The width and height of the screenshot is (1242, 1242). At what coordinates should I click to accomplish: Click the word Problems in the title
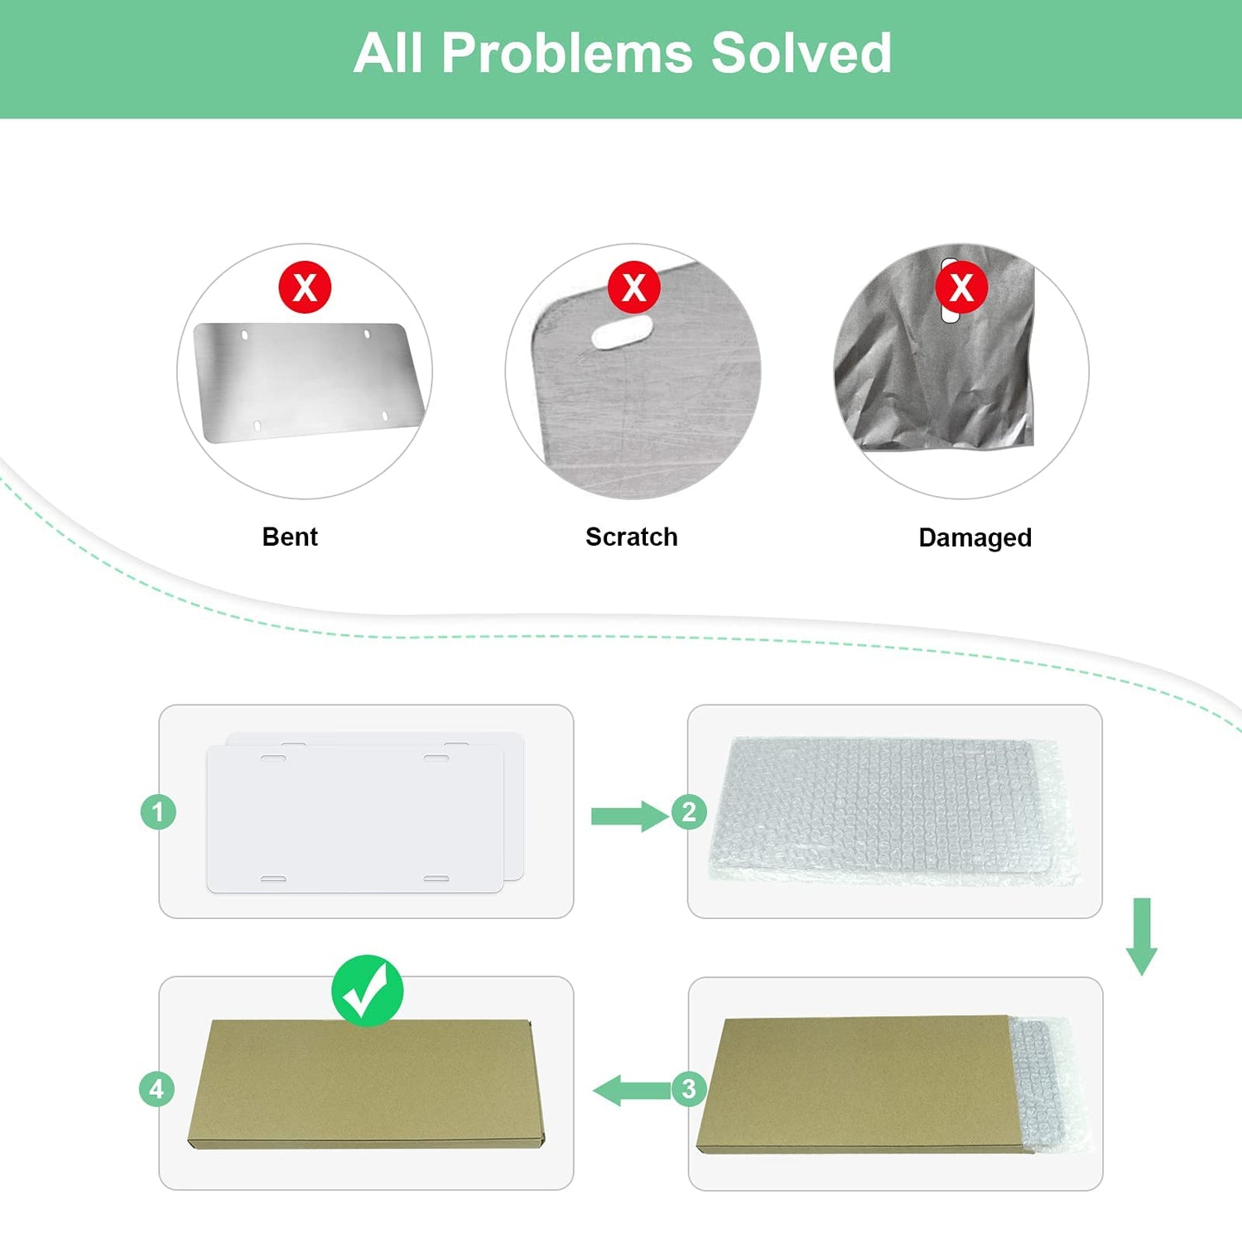[x=566, y=53]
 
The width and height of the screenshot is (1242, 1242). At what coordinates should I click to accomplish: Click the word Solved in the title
[x=801, y=53]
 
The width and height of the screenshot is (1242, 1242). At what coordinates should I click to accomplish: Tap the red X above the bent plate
[x=305, y=287]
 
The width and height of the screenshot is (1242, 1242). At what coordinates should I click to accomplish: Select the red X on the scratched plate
[x=633, y=287]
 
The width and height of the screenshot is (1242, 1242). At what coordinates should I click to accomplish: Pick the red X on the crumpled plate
[x=961, y=287]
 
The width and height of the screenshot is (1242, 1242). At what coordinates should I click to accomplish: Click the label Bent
[x=290, y=537]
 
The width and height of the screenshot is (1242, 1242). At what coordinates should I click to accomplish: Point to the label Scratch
[x=631, y=537]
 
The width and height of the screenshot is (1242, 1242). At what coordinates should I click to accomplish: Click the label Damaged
[x=975, y=538]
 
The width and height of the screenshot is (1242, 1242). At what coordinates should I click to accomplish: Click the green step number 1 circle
[x=158, y=811]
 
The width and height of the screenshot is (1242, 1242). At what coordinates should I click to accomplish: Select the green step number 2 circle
[x=689, y=811]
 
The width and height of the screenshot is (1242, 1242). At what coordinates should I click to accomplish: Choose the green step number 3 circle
[x=689, y=1089]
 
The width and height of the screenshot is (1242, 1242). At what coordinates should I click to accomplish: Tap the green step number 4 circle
[x=156, y=1089]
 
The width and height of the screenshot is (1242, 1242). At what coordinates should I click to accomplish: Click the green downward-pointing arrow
[x=1142, y=936]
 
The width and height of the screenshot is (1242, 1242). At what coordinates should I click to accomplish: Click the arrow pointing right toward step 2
[x=629, y=816]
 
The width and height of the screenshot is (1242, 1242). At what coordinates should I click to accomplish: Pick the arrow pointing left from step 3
[x=632, y=1090]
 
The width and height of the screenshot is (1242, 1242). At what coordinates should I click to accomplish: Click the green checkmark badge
[x=368, y=991]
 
